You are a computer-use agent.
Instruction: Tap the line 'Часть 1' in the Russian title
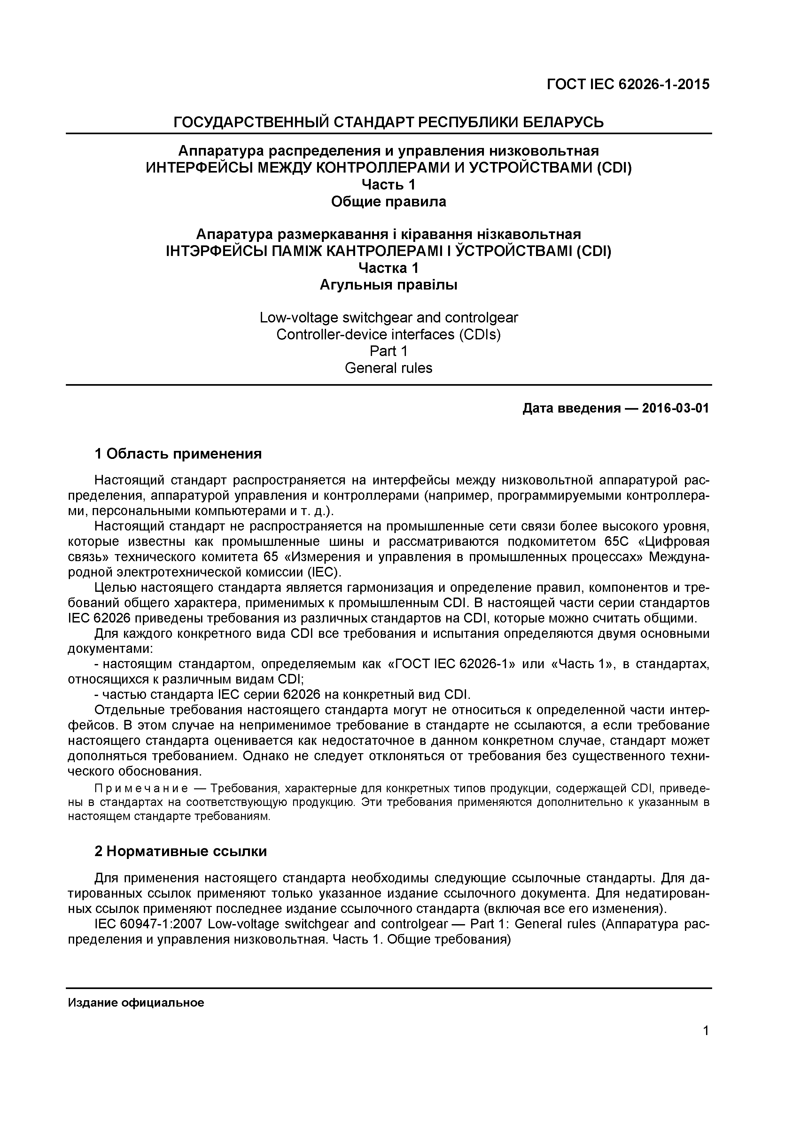388,185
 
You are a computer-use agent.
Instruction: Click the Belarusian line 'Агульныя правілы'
388,285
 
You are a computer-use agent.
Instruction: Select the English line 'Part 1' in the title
388,352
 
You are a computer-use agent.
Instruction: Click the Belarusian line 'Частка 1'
388,268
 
